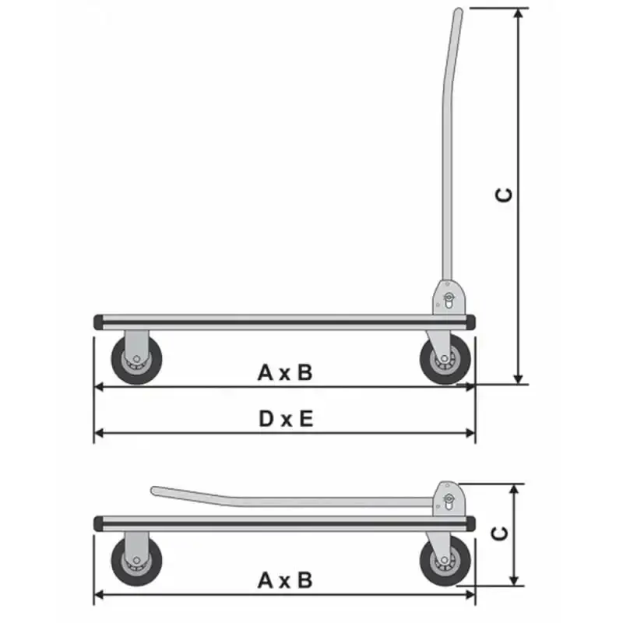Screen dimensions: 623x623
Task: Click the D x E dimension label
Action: point(286,419)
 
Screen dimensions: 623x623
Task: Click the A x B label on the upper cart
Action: point(285,373)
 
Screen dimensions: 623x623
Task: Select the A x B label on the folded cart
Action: point(285,580)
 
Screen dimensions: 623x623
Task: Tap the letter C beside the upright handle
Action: point(504,195)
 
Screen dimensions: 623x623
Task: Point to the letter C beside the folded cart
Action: point(499,533)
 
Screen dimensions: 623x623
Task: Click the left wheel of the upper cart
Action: point(136,360)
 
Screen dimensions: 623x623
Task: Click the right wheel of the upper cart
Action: point(445,360)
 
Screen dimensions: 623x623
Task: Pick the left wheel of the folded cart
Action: point(136,561)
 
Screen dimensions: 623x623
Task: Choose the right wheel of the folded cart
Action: point(445,561)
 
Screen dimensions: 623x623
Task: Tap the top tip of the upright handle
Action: point(459,10)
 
